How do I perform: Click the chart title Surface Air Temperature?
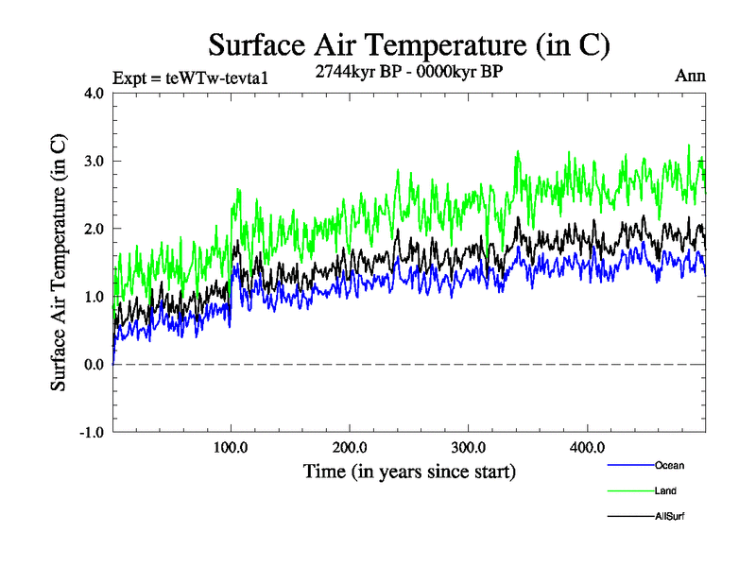tap(409, 44)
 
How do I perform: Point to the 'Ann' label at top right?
tap(689, 76)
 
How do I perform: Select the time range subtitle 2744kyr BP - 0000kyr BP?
tap(408, 71)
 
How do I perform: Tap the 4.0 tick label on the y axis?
tap(94, 93)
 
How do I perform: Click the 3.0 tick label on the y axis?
tap(94, 161)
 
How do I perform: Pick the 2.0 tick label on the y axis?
tap(94, 229)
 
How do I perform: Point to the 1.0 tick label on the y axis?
tap(94, 297)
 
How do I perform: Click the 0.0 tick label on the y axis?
tap(94, 365)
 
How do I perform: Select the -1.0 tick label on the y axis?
tap(92, 433)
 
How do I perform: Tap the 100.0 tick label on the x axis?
tap(232, 447)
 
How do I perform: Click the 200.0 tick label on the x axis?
tap(350, 447)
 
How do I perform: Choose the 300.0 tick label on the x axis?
tap(469, 447)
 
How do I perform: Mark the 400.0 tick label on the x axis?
tap(587, 447)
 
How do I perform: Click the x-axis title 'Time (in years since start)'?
tap(409, 470)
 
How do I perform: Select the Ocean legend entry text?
tap(669, 466)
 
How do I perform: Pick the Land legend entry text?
tap(665, 491)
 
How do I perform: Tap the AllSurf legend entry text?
tap(669, 517)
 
